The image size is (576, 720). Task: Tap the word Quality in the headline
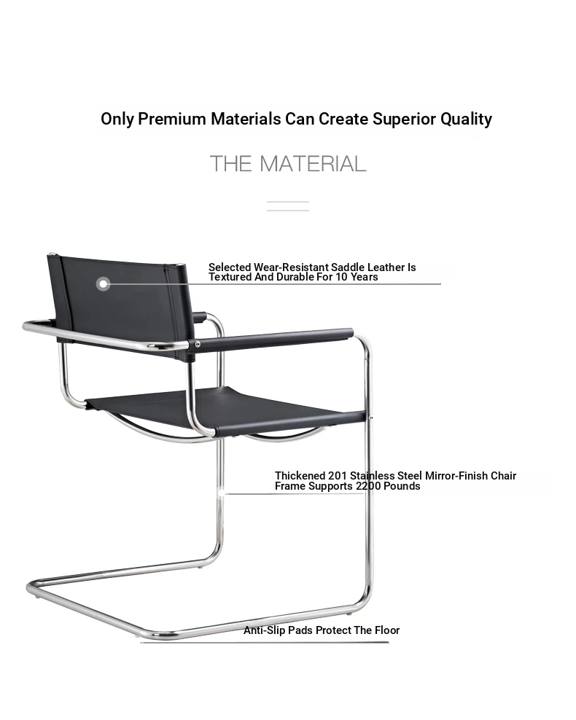pos(466,120)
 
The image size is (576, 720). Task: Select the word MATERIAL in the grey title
pos(313,164)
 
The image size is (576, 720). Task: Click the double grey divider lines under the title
pos(288,206)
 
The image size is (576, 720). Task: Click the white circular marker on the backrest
pos(104,283)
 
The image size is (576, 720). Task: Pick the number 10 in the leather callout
pos(341,277)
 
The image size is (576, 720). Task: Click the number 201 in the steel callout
pos(338,476)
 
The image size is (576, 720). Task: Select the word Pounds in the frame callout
pos(402,486)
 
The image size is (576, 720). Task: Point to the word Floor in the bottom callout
pos(386,630)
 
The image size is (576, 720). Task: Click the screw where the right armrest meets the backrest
pos(197,345)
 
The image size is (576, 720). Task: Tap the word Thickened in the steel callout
pos(300,476)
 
